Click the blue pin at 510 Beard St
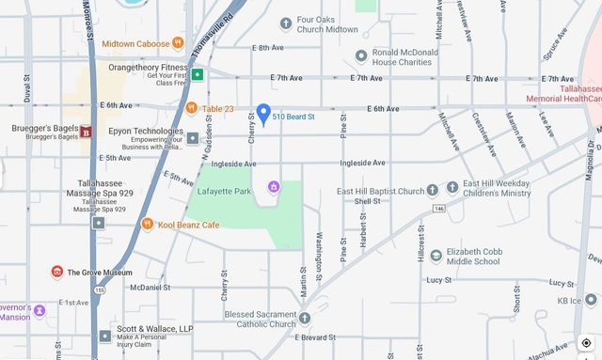(264, 114)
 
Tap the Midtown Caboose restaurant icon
(178, 43)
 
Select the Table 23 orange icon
(192, 109)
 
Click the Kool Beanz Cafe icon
(148, 225)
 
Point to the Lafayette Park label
(224, 190)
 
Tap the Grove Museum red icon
(57, 273)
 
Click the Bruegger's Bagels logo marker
(86, 132)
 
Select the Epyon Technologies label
(146, 133)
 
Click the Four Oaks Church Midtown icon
(286, 23)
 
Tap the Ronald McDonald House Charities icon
(361, 56)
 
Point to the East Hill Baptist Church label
(381, 191)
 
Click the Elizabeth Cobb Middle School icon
(436, 256)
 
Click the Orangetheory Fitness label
(148, 68)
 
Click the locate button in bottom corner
(586, 343)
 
